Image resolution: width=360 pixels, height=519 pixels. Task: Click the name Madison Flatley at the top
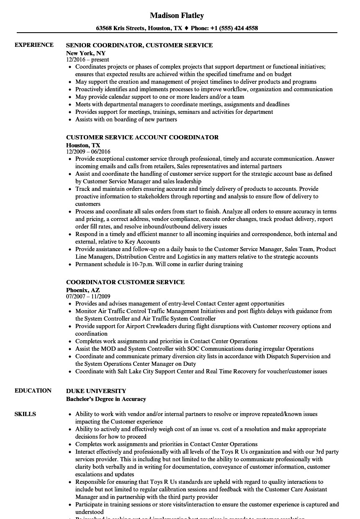click(177, 15)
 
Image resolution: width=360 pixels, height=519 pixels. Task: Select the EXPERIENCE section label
click(34, 45)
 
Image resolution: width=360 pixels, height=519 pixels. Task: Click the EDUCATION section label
click(33, 391)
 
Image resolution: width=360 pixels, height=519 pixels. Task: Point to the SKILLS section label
click(25, 414)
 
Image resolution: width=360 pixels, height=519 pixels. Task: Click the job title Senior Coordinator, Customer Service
click(139, 45)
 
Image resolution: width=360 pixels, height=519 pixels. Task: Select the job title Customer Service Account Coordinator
click(142, 137)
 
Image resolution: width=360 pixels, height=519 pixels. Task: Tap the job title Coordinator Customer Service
click(125, 282)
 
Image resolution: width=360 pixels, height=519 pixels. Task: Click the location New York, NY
click(86, 53)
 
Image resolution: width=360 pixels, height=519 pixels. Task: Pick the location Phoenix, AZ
click(83, 290)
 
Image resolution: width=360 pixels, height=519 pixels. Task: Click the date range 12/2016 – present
click(88, 60)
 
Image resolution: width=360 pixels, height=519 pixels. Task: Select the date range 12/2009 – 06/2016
click(88, 152)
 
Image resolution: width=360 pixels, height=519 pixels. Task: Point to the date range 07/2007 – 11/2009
click(88, 296)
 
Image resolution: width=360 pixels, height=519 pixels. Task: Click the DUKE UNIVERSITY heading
click(96, 391)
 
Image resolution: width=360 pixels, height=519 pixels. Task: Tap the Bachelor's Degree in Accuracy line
click(106, 399)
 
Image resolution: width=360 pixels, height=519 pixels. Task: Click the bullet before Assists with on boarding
click(70, 120)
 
